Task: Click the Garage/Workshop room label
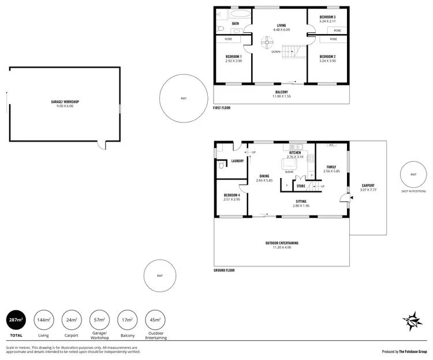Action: click(65, 103)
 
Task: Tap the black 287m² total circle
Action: click(16, 320)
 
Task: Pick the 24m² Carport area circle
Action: click(72, 320)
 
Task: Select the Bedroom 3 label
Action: click(328, 19)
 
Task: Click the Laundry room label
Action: click(237, 161)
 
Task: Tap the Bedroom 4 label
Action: click(232, 197)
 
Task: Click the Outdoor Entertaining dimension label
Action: click(282, 244)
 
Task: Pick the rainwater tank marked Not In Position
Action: click(413, 174)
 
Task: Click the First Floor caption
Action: click(222, 108)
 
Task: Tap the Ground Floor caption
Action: click(224, 270)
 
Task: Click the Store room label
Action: click(300, 186)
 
